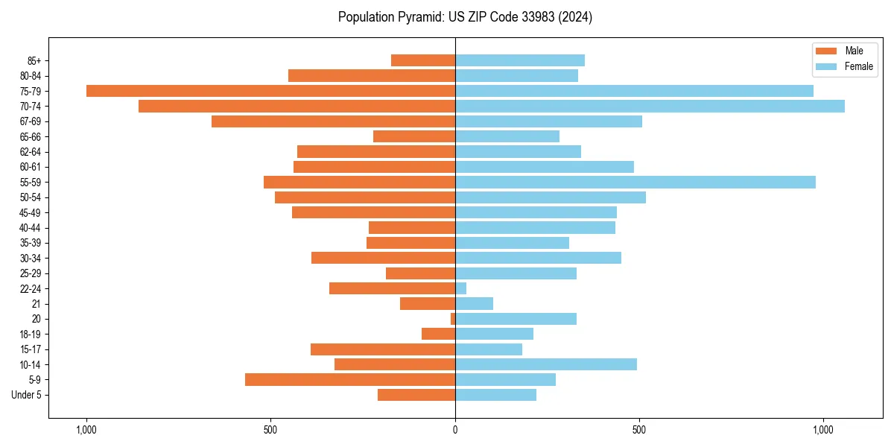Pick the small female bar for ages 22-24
tap(461, 288)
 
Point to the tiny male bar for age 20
tap(453, 319)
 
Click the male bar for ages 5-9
tap(350, 379)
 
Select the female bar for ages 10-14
tap(546, 364)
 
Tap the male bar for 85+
tap(423, 60)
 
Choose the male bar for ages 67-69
tap(333, 121)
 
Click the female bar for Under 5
tap(495, 395)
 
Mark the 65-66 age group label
tap(31, 137)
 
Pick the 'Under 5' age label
tap(27, 395)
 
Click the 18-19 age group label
tap(31, 335)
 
